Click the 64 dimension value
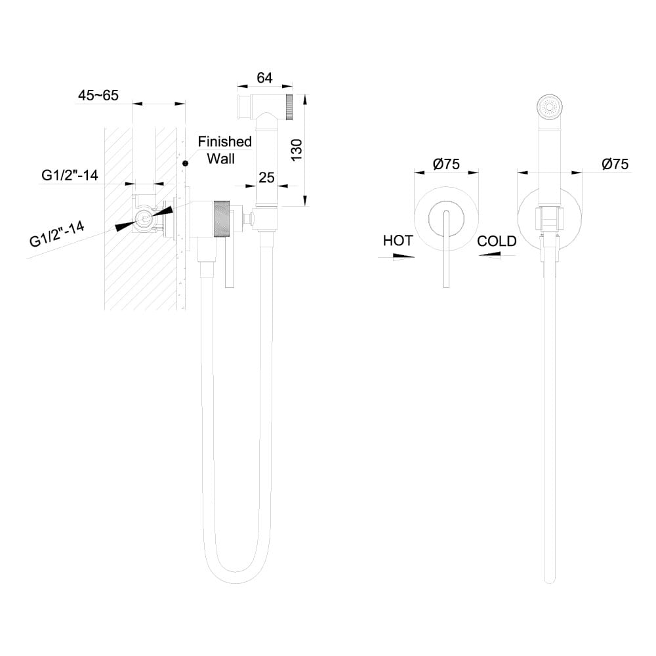coord(264,77)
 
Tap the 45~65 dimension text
coord(98,95)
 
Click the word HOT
coord(398,241)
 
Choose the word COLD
coord(497,241)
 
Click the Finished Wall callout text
coord(225,150)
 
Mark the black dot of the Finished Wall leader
coord(186,162)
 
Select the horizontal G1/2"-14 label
coord(70,175)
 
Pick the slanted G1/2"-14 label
coord(57,233)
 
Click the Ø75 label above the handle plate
coord(446,164)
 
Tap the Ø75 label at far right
coord(615,164)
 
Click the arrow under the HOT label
coord(403,257)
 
